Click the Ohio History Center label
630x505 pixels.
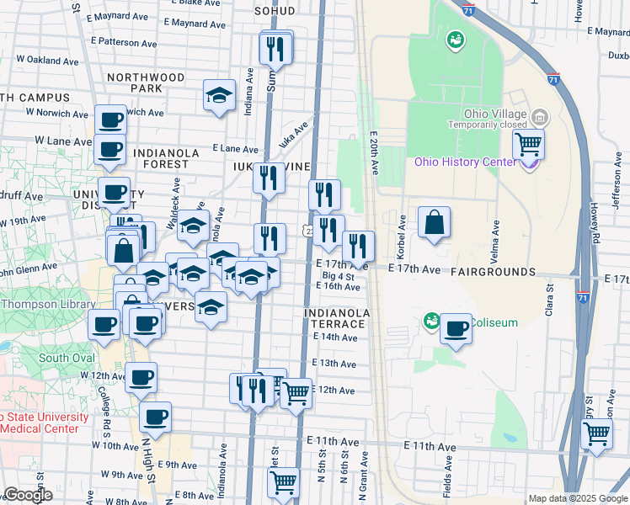pos(466,162)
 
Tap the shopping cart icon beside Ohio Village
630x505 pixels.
pos(528,144)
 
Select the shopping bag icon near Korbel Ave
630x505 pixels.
pos(434,224)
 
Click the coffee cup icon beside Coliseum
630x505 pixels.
pos(456,329)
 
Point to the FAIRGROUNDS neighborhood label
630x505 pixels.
pos(493,272)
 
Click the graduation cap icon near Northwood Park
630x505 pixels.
pos(220,96)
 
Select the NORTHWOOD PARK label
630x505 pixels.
pos(146,82)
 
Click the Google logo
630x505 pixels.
pos(28,495)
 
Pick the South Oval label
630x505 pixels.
pos(65,357)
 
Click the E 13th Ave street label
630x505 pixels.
pos(334,364)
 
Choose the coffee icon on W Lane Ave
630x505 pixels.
pos(109,150)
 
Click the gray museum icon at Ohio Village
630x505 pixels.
pos(541,116)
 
